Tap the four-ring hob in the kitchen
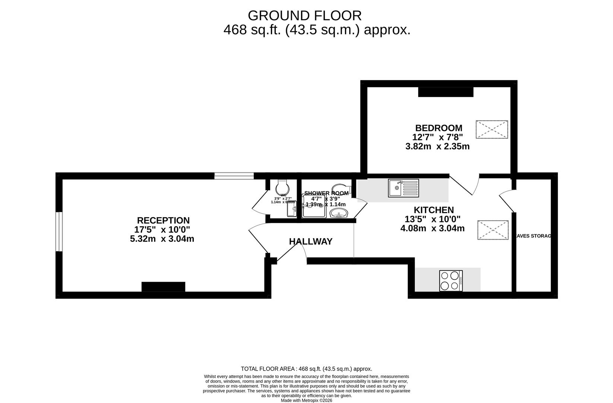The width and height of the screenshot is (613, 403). point(451,281)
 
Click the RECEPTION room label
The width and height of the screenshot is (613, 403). point(163,221)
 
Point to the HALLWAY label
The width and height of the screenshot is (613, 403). point(310,242)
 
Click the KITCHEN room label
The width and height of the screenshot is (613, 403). point(433,210)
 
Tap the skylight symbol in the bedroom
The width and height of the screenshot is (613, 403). point(492,129)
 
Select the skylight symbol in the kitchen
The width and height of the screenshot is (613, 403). point(493,230)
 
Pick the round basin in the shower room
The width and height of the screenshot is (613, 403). point(339,213)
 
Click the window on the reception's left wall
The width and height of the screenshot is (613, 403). point(59,231)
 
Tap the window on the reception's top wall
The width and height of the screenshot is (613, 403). point(234,176)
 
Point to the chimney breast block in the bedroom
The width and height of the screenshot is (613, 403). point(445,92)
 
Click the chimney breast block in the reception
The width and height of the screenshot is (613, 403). point(163,287)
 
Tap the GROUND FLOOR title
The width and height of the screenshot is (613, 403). point(304,16)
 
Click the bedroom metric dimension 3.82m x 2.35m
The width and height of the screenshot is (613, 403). point(437,147)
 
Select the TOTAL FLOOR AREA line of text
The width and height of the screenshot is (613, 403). point(306,369)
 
